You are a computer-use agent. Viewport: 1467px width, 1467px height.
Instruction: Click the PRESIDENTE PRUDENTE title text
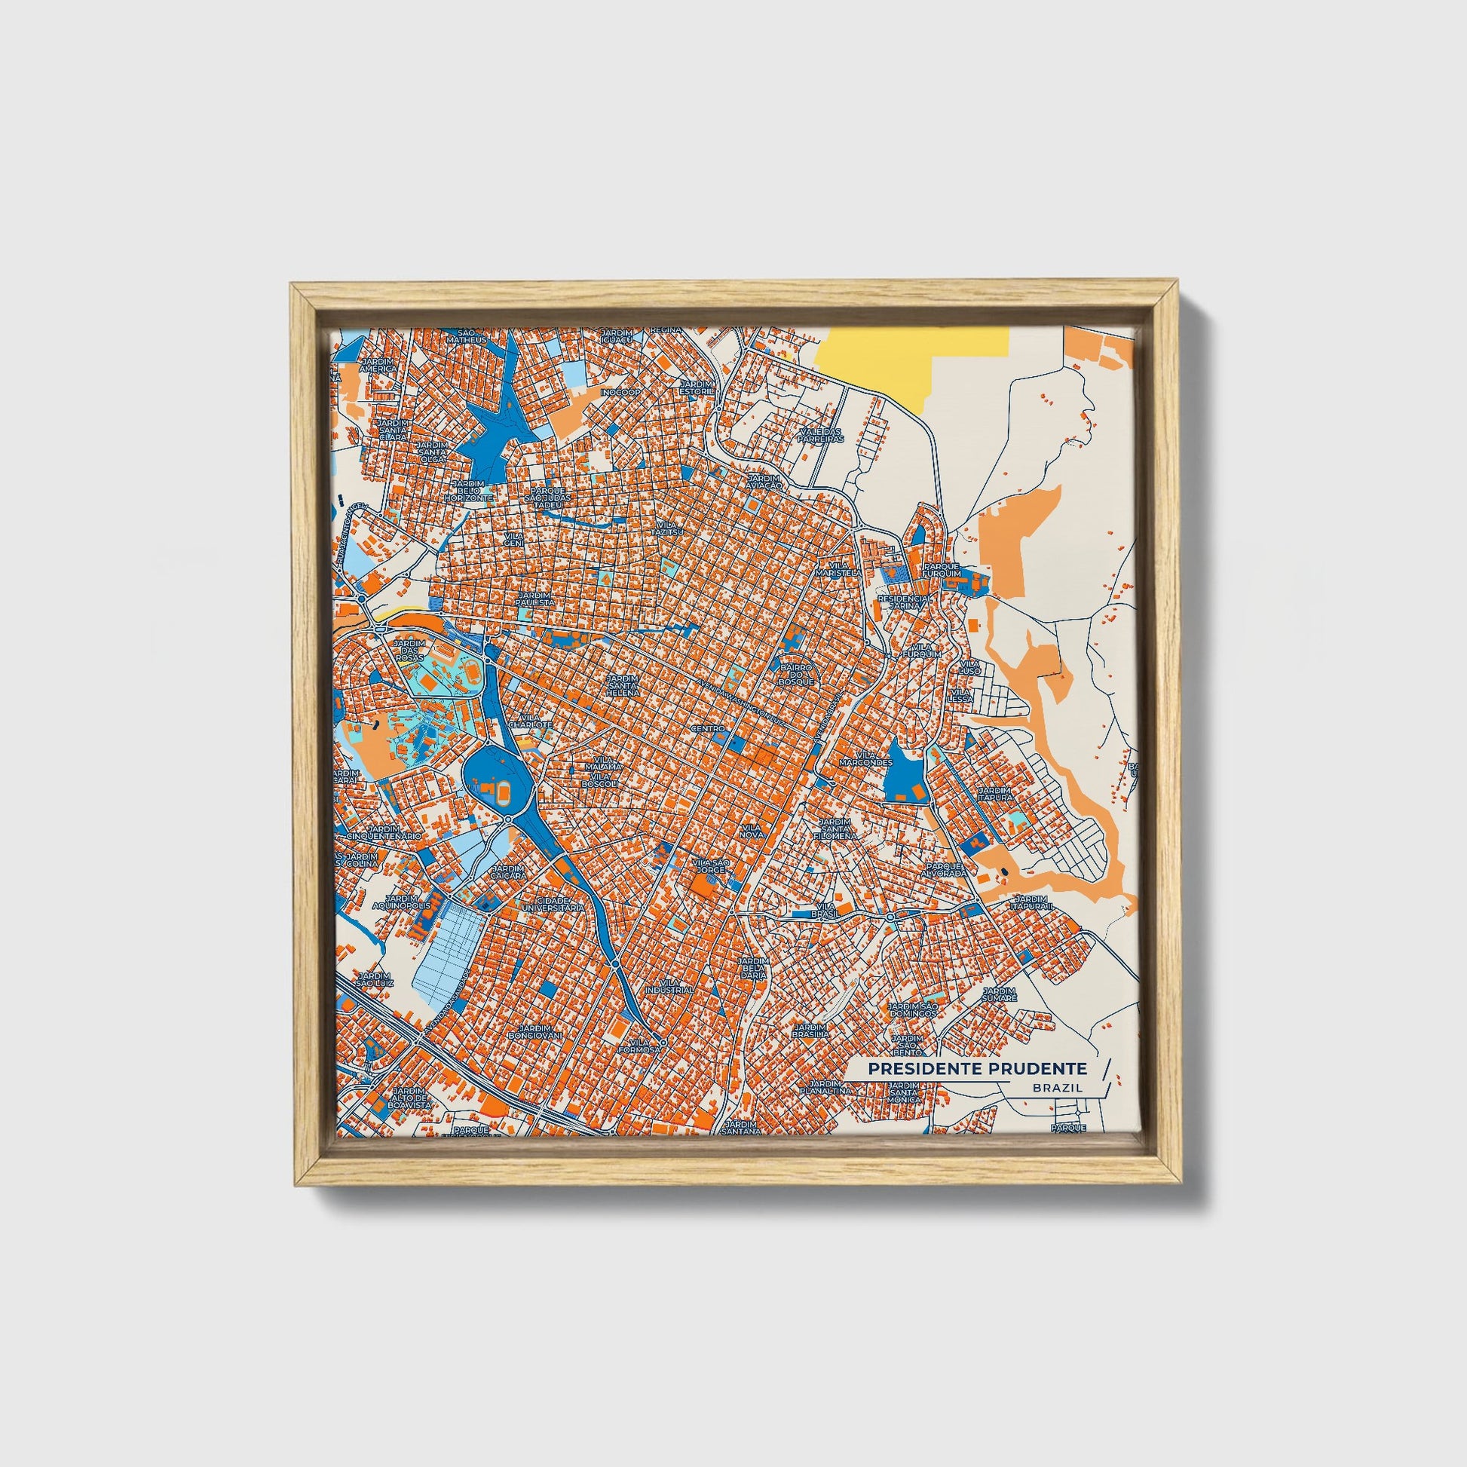[x=977, y=1068]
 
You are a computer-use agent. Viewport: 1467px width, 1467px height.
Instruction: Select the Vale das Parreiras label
[x=821, y=435]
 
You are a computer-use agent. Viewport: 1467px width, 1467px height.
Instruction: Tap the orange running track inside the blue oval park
[x=502, y=795]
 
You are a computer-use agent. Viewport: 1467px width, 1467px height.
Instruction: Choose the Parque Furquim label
[x=942, y=570]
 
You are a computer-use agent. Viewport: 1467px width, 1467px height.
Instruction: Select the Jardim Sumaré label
[x=999, y=994]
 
